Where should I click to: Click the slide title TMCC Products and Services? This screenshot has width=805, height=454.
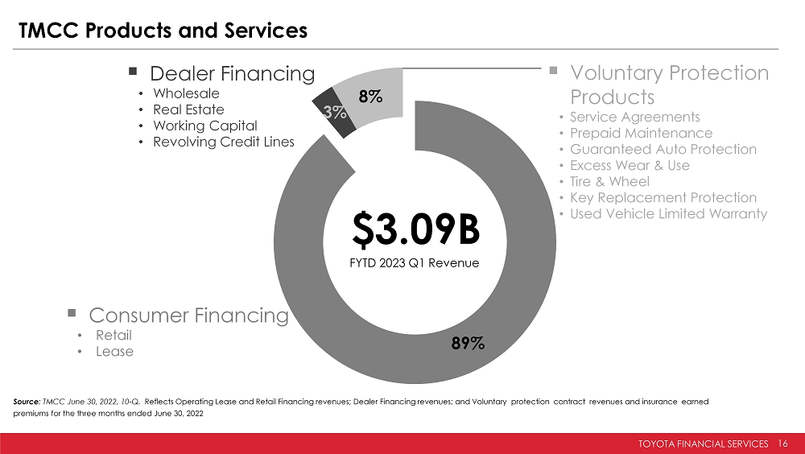(163, 31)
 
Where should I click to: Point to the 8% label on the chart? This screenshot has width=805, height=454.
(371, 97)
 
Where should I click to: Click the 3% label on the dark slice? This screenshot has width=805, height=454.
(335, 113)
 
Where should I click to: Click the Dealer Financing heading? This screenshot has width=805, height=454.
(232, 74)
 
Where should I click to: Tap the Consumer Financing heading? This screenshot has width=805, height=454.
(188, 316)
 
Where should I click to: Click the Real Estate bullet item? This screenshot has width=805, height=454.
(188, 109)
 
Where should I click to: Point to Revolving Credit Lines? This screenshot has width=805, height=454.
(223, 142)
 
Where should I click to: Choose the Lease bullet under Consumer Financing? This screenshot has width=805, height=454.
(114, 351)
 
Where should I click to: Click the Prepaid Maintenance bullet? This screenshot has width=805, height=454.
(641, 133)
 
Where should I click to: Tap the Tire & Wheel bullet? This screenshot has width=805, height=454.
(609, 181)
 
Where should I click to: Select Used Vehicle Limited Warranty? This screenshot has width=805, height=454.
(668, 213)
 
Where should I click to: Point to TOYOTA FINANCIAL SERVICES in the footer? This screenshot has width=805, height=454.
(704, 444)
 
